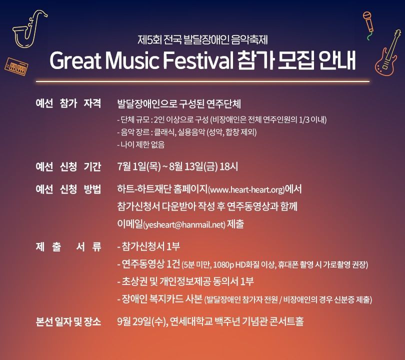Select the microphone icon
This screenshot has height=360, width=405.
coord(368,25)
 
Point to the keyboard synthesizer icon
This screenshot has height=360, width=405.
coord(16,66)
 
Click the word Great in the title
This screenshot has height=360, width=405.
coord(75,61)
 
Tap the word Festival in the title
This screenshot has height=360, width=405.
coord(198,61)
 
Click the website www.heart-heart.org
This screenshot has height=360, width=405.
coord(246,190)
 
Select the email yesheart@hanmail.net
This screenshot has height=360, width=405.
coord(184,224)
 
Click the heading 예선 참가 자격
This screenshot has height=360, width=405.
coord(68,103)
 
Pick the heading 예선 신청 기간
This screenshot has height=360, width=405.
coord(68,166)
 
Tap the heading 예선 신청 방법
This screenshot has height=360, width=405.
coord(68,189)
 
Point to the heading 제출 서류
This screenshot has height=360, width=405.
coord(68,246)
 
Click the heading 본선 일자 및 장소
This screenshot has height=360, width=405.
coord(68,322)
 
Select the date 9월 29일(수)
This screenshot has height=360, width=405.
coord(141,322)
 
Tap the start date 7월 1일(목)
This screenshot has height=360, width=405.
coord(139,166)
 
